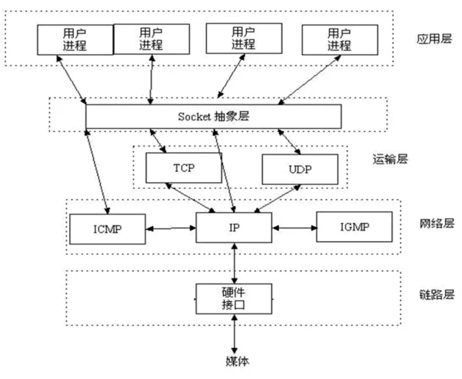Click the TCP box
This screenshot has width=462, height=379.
click(184, 168)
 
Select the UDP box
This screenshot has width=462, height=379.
click(300, 169)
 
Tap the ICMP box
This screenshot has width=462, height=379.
click(108, 229)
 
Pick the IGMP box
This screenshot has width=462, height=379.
click(354, 227)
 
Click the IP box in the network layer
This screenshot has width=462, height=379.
click(234, 228)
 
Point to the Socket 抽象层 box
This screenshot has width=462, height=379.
click(214, 117)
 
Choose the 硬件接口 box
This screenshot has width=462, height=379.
click(234, 299)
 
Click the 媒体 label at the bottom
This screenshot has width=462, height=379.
click(238, 361)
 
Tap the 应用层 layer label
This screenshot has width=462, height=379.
click(434, 39)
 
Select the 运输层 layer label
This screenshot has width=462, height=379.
click(390, 159)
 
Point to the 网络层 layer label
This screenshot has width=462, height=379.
click(437, 223)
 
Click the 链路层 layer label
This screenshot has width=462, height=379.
click(437, 294)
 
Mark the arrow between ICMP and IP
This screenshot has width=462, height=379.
click(171, 228)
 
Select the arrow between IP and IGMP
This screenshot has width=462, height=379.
click(294, 228)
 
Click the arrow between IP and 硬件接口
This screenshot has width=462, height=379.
click(234, 263)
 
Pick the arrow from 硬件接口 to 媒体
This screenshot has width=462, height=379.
click(234, 334)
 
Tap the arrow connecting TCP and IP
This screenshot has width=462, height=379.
click(190, 197)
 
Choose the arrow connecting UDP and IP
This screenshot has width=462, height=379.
click(277, 199)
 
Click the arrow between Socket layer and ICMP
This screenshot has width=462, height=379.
click(97, 171)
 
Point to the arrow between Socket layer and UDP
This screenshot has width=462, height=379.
click(289, 142)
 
